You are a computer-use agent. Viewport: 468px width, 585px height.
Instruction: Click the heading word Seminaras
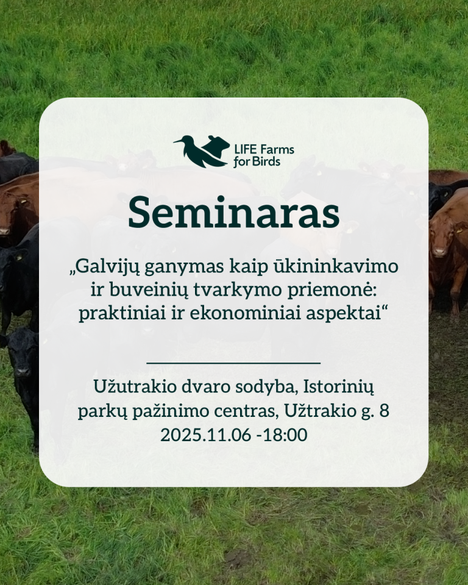233,213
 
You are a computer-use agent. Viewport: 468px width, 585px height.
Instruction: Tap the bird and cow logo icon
201,151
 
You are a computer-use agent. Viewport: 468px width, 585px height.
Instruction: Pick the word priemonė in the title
332,289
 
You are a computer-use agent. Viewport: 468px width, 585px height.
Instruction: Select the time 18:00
286,434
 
